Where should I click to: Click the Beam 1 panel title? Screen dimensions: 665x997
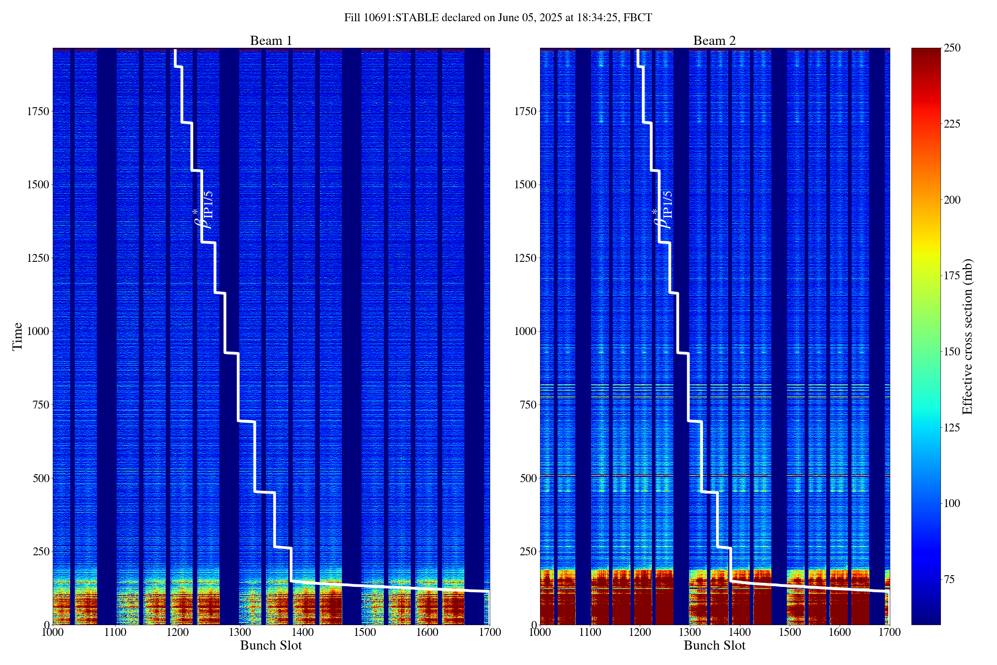click(x=271, y=41)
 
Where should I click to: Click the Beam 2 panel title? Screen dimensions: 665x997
click(x=714, y=41)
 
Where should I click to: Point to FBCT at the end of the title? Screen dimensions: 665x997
click(x=638, y=18)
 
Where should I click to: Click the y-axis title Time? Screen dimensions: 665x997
click(x=17, y=336)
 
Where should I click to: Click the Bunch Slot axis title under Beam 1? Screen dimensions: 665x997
click(x=271, y=645)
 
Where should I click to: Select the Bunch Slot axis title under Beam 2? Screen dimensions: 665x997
click(x=714, y=645)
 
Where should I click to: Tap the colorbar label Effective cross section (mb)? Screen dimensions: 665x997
click(x=967, y=336)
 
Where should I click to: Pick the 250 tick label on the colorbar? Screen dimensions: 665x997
click(x=952, y=48)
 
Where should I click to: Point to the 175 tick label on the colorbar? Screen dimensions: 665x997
click(x=952, y=276)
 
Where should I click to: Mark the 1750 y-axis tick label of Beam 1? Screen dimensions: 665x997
click(x=38, y=111)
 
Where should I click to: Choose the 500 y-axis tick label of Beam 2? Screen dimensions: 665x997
click(x=528, y=478)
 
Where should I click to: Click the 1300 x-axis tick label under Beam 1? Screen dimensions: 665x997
click(x=240, y=632)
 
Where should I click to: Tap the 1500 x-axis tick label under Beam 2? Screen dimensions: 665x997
click(x=790, y=632)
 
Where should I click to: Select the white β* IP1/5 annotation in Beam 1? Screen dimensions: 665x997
click(x=204, y=210)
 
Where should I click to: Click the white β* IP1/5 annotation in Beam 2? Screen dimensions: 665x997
click(x=663, y=210)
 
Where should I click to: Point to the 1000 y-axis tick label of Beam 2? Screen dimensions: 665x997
click(x=526, y=331)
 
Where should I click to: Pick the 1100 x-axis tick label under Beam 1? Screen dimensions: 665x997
click(x=115, y=632)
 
